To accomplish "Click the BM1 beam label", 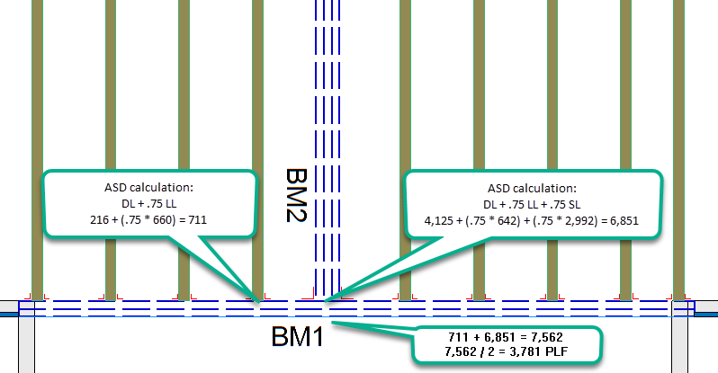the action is [298, 336].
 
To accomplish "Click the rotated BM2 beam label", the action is [296, 195].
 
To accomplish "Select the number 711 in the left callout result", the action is [197, 220].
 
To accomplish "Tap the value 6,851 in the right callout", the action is [624, 221].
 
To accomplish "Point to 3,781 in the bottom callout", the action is [525, 351].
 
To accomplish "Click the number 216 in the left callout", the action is [99, 220].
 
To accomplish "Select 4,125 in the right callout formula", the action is [439, 221].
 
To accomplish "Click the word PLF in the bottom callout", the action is [557, 351].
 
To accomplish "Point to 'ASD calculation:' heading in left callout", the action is [148, 188].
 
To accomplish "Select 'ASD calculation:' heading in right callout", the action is [532, 189].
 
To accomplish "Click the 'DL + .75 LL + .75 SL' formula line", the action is [532, 205].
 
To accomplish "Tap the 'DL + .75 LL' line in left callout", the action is [148, 204].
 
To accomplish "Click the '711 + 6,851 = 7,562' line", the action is [506, 337].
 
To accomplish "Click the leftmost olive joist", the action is [37, 150].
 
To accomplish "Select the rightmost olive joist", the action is [678, 150].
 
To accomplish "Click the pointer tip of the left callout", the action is [259, 302].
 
